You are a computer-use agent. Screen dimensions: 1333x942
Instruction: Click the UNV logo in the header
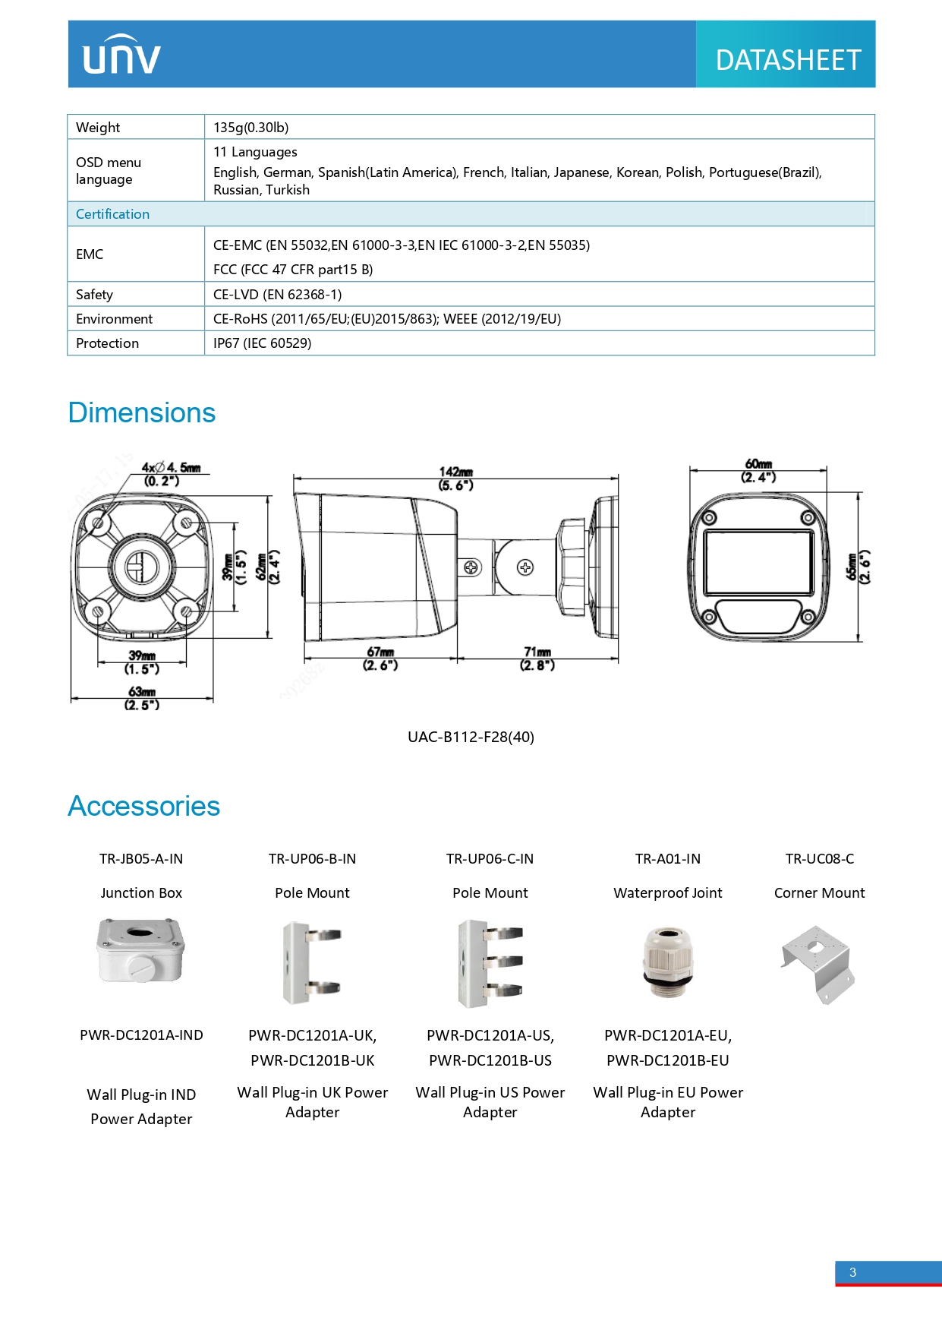121,55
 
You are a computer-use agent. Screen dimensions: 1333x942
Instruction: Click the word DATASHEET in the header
788,60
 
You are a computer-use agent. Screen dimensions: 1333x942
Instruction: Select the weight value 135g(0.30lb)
251,128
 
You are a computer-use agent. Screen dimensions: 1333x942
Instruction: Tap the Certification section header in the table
113,214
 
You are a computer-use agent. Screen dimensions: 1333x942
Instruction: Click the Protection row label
108,343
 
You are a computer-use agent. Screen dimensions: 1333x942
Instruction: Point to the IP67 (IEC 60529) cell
263,343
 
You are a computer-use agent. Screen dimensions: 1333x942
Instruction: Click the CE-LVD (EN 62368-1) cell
278,295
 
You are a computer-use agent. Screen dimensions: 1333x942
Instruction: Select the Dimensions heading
142,413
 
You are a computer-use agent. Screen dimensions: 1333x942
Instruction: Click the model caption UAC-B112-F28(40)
471,737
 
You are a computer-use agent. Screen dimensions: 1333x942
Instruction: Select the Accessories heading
144,807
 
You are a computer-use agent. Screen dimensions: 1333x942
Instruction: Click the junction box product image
141,950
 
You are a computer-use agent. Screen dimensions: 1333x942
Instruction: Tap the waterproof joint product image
668,962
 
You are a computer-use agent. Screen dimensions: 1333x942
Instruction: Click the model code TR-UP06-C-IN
490,859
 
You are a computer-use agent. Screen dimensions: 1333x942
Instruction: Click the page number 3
853,1272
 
